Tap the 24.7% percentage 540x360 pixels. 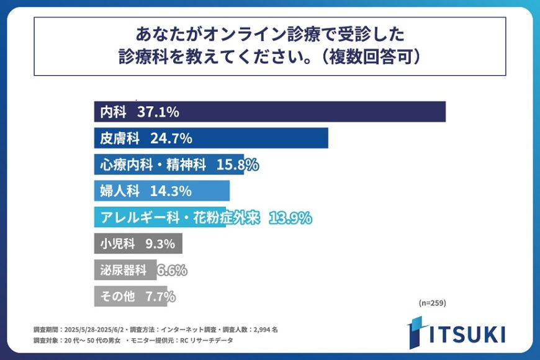[x=171, y=138]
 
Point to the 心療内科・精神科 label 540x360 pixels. [x=153, y=164]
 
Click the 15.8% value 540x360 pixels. [x=237, y=164]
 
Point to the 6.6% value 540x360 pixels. [x=172, y=270]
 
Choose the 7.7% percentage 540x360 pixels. [x=160, y=296]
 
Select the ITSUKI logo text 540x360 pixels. [x=466, y=334]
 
